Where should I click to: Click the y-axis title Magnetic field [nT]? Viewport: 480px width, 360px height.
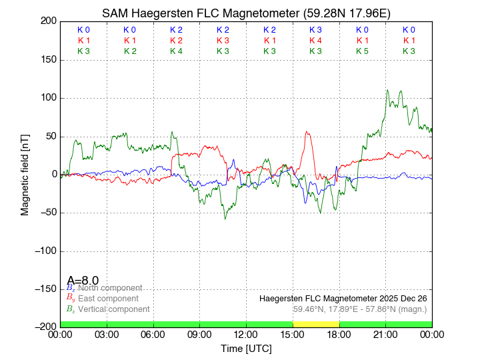25,174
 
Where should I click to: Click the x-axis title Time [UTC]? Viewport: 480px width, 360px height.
246,349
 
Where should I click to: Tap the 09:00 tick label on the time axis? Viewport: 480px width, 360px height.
199,334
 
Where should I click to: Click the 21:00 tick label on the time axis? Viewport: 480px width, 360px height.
385,334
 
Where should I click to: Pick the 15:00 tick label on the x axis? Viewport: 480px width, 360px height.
293,334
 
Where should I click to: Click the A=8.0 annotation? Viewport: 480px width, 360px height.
83,280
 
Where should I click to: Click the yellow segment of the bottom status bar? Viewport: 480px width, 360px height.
316,324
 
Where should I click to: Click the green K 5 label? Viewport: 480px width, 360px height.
362,51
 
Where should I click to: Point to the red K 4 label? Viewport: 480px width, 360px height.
315,41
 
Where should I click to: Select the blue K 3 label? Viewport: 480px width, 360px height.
315,30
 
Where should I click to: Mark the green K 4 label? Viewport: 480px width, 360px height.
176,51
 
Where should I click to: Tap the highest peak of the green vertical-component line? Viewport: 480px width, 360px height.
387,90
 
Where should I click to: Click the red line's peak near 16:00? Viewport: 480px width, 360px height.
307,131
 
